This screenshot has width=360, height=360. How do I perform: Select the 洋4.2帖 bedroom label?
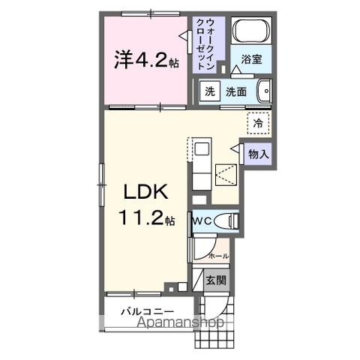tap(146, 59)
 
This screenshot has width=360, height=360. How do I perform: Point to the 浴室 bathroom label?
tap(251, 61)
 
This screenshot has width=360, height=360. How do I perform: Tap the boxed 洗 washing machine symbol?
tap(210, 91)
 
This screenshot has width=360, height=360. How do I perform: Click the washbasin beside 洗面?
tap(263, 91)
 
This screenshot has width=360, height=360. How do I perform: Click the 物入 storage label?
tap(258, 154)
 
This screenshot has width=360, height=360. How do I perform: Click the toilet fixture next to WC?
tap(227, 222)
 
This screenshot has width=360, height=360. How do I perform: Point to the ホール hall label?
tap(217, 256)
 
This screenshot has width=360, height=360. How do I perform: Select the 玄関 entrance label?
tap(215, 281)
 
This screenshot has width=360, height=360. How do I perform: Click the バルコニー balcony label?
tap(149, 310)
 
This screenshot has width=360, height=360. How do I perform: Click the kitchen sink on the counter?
tap(202, 148)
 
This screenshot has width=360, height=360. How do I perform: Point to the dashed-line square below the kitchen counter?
tap(226, 173)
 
